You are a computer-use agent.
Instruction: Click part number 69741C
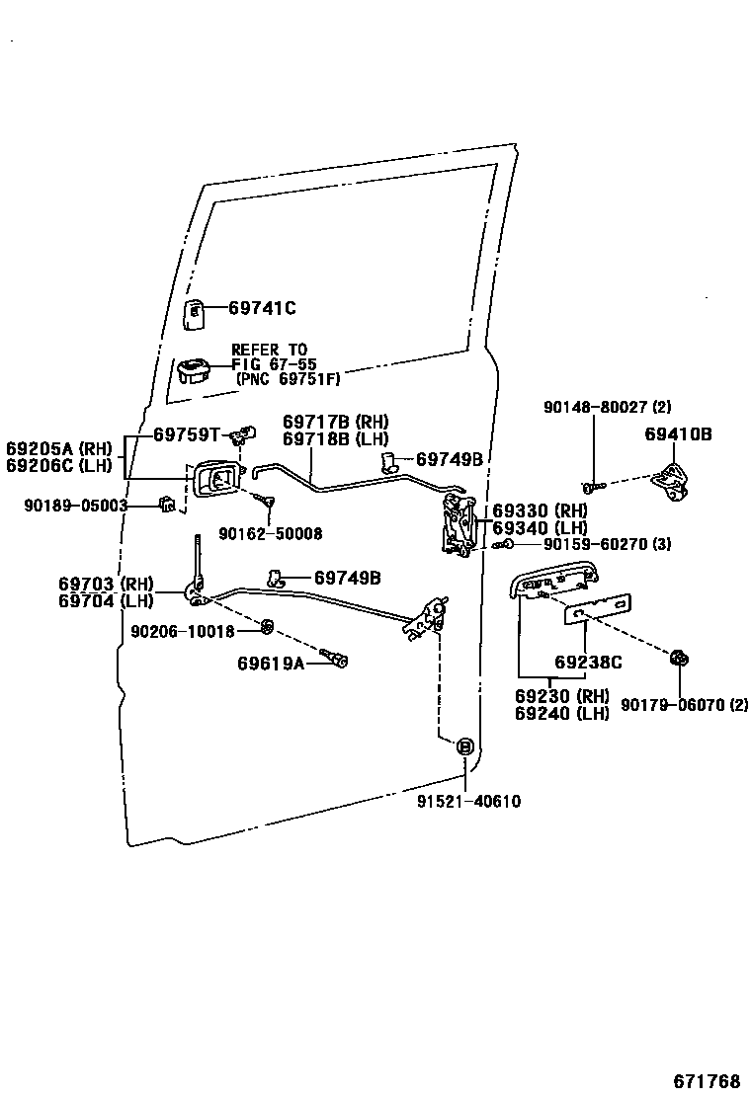262,308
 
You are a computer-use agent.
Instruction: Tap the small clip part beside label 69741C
195,312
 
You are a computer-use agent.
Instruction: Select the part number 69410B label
679,433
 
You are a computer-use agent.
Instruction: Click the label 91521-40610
468,802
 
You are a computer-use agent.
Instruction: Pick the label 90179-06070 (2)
684,704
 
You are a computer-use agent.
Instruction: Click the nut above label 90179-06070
679,659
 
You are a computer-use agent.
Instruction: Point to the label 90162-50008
270,533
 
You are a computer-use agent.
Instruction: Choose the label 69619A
270,663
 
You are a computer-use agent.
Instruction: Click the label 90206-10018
182,631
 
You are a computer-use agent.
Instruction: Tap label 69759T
185,433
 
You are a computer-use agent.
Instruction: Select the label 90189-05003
76,506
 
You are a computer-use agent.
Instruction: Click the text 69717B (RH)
335,421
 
